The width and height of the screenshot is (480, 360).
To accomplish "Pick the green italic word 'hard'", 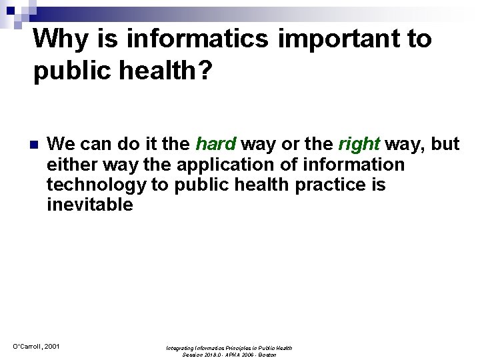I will [x=215, y=144].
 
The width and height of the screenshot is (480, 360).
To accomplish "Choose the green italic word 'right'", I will [x=359, y=144].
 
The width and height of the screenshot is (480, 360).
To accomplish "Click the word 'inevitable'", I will [x=90, y=204].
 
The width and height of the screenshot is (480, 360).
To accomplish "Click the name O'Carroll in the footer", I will [x=25, y=346].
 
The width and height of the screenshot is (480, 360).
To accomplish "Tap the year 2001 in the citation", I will [x=51, y=346].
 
